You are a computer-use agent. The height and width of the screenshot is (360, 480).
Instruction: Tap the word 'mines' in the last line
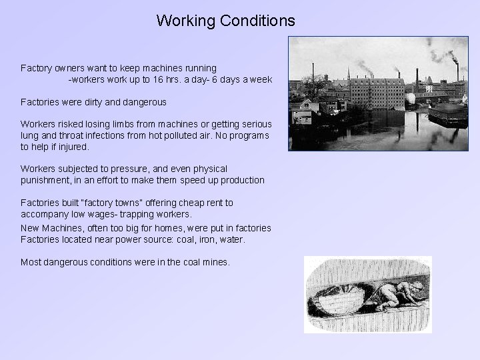pyautogui.click(x=215, y=262)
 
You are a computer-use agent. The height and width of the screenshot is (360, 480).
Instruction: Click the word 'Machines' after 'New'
pyautogui.click(x=60, y=228)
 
